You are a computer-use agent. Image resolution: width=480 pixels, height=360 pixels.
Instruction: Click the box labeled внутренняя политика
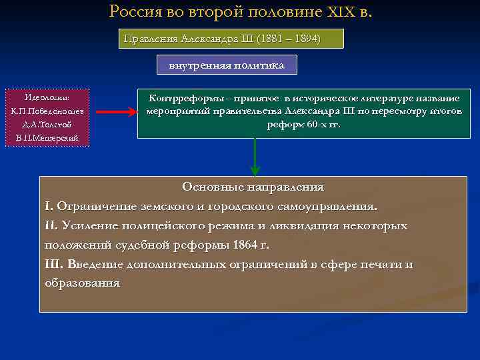[x=227, y=65]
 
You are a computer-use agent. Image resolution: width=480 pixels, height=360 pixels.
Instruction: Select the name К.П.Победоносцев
[x=47, y=111]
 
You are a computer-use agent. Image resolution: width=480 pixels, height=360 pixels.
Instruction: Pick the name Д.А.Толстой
[x=47, y=125]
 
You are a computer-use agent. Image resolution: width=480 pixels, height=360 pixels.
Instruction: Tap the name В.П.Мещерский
[x=47, y=138]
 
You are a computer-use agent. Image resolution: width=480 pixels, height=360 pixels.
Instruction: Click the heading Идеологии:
[x=47, y=97]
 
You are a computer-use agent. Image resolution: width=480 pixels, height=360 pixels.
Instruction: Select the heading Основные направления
[x=253, y=187]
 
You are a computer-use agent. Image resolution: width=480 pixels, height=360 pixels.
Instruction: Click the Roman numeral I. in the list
[x=48, y=206]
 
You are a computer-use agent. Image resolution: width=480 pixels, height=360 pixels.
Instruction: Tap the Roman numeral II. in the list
[x=51, y=225]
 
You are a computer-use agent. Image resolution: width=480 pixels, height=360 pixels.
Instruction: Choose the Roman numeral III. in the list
[x=53, y=264]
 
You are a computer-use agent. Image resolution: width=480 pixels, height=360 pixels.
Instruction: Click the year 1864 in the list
[x=247, y=245]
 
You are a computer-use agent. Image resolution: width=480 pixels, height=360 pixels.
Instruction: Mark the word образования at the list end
[x=82, y=283]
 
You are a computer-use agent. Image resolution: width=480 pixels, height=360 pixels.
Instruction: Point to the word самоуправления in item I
[x=329, y=206]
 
